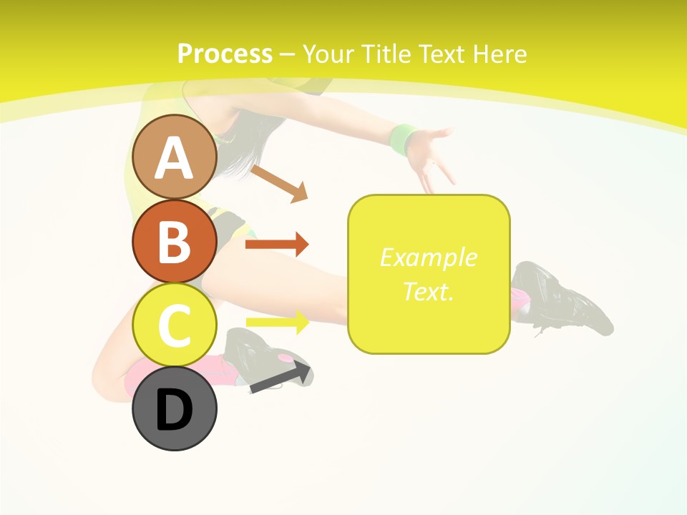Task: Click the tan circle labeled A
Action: click(x=175, y=157)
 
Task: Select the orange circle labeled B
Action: click(x=175, y=241)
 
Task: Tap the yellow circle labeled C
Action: click(x=175, y=325)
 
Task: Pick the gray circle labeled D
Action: click(x=175, y=408)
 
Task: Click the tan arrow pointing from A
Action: click(x=279, y=182)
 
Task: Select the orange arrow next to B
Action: click(x=276, y=245)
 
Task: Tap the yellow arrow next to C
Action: click(x=277, y=322)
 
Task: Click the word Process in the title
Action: click(x=225, y=54)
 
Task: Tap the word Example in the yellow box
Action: click(x=429, y=257)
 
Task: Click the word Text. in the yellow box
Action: click(x=429, y=291)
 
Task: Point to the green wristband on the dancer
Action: click(x=404, y=139)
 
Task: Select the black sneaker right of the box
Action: click(x=565, y=300)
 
